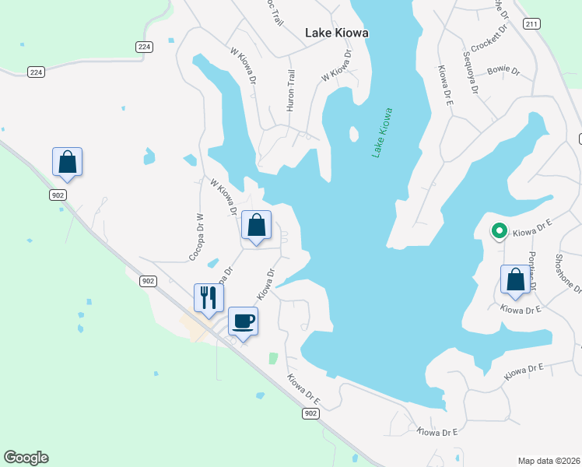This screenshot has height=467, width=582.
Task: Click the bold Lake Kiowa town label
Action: point(336,33)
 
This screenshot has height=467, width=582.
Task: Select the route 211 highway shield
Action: point(531,25)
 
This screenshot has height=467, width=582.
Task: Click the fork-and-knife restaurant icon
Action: point(209,297)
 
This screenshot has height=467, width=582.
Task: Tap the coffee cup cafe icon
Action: point(243,321)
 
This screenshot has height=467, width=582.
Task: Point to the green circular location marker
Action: point(498,230)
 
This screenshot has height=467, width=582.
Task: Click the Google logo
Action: point(26,458)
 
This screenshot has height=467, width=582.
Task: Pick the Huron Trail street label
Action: point(291,90)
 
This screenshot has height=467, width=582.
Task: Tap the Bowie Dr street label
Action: point(503,70)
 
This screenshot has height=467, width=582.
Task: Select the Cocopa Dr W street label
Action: point(195,237)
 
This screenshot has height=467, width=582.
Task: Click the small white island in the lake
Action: point(354,134)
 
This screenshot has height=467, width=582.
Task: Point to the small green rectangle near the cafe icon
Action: point(273,358)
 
